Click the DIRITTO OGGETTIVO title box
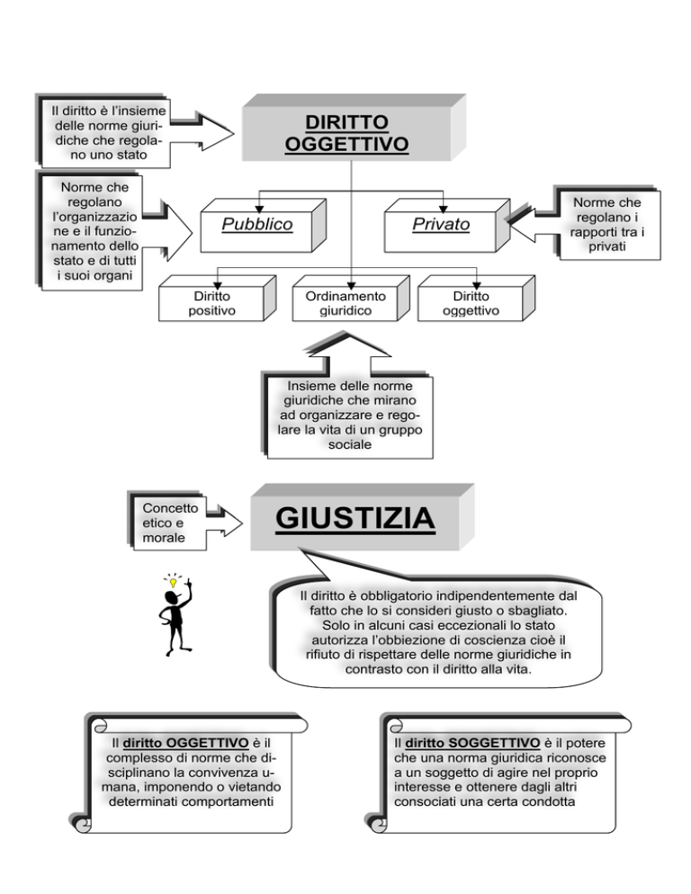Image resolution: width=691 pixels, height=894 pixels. [x=354, y=129]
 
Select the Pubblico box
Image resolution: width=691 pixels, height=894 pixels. [x=263, y=225]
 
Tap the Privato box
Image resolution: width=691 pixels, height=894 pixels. [x=447, y=225]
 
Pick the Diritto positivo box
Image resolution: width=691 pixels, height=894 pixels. [x=217, y=299]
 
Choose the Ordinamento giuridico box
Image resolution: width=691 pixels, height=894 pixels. [x=351, y=299]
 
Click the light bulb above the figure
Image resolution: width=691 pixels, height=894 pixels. [x=173, y=582]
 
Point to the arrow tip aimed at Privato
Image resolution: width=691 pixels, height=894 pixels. [x=509, y=224]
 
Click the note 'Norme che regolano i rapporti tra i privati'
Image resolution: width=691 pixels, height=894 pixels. [x=607, y=224]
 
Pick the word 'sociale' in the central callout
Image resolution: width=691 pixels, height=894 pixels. [x=350, y=444]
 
